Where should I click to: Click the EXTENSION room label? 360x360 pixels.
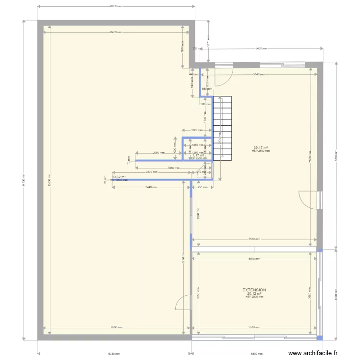point(254,290)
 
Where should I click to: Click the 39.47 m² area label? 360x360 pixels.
point(261,147)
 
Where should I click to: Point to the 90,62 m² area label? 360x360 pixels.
point(119,177)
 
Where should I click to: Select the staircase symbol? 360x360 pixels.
point(222,127)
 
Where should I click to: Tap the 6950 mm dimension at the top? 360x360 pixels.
point(116,7)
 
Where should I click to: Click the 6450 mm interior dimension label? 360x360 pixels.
point(116,32)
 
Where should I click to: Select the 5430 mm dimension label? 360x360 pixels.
point(261,48)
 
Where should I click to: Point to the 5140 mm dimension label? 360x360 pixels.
point(259,74)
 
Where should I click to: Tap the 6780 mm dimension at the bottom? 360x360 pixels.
point(114,354)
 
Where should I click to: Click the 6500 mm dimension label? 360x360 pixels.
point(116,327)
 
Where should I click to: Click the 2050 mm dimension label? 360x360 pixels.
point(158,153)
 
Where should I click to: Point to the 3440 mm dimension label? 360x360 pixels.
point(151,187)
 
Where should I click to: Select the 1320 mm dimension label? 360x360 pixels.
point(196,130)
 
